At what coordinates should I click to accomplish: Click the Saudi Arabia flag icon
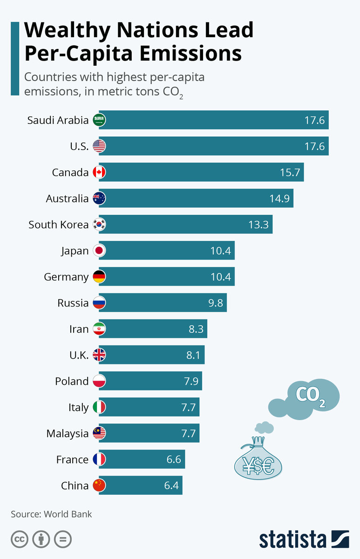point(99,120)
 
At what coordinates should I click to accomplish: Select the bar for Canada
point(207,172)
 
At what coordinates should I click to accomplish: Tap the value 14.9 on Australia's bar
point(279,198)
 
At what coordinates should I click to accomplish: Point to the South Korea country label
point(58,225)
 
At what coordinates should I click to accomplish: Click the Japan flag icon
point(99,251)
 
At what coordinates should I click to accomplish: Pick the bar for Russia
point(169,303)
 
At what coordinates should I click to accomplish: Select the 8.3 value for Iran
point(196,329)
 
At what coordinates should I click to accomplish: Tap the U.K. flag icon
point(99,355)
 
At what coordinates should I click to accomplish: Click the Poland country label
point(72,381)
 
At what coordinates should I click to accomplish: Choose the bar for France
point(148,459)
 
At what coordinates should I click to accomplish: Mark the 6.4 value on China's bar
point(171,485)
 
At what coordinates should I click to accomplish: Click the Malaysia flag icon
point(99,433)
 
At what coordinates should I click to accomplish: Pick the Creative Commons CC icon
point(20,539)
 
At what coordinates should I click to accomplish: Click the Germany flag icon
point(99,277)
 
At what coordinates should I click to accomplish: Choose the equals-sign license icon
point(62,539)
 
